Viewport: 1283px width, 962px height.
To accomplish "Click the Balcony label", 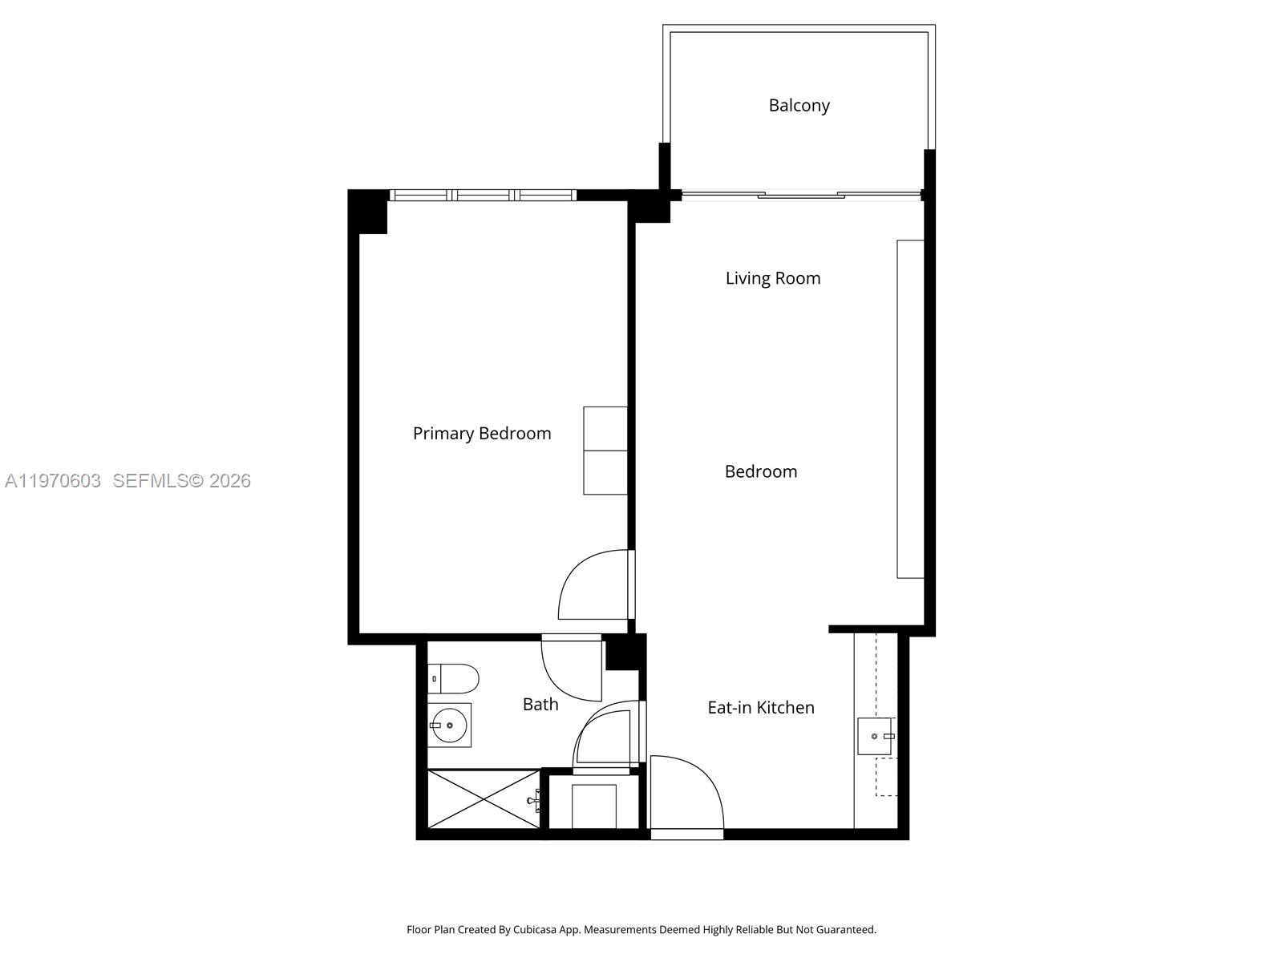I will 799,105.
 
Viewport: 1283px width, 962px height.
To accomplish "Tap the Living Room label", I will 773,278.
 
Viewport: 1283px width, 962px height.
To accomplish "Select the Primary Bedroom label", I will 481,433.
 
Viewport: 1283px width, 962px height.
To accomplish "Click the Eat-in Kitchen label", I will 760,707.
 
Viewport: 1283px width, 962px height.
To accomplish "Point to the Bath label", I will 540,704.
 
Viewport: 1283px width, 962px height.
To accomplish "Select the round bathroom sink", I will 448,725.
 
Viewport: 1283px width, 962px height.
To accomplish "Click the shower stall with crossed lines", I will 483,798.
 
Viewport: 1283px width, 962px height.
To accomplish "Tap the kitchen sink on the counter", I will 874,736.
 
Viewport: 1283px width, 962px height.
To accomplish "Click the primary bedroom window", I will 483,195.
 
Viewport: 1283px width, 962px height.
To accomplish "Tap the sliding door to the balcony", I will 800,194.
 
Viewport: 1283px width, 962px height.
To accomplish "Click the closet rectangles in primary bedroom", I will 605,451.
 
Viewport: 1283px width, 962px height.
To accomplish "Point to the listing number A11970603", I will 53,481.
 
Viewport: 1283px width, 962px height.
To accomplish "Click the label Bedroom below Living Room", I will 760,471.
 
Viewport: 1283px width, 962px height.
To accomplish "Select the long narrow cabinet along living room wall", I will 910,409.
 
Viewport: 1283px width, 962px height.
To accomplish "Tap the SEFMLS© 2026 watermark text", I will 181,481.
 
